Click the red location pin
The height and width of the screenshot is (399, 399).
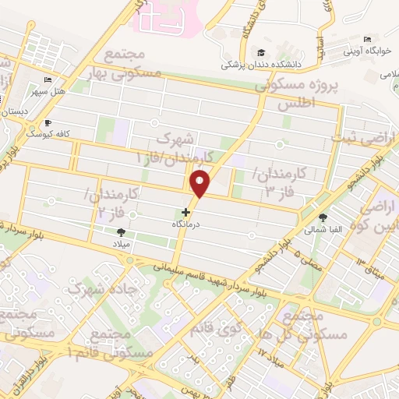pos(201,184)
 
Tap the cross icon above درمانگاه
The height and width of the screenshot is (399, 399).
pos(185,211)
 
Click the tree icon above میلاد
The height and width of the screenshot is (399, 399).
pos(120,231)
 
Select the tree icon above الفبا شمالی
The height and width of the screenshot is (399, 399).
pos(323,217)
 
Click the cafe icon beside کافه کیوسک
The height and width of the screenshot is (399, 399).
pos(48,122)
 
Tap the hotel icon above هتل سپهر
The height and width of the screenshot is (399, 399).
pos(48,80)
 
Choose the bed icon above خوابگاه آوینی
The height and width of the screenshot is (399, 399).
pos(367,39)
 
